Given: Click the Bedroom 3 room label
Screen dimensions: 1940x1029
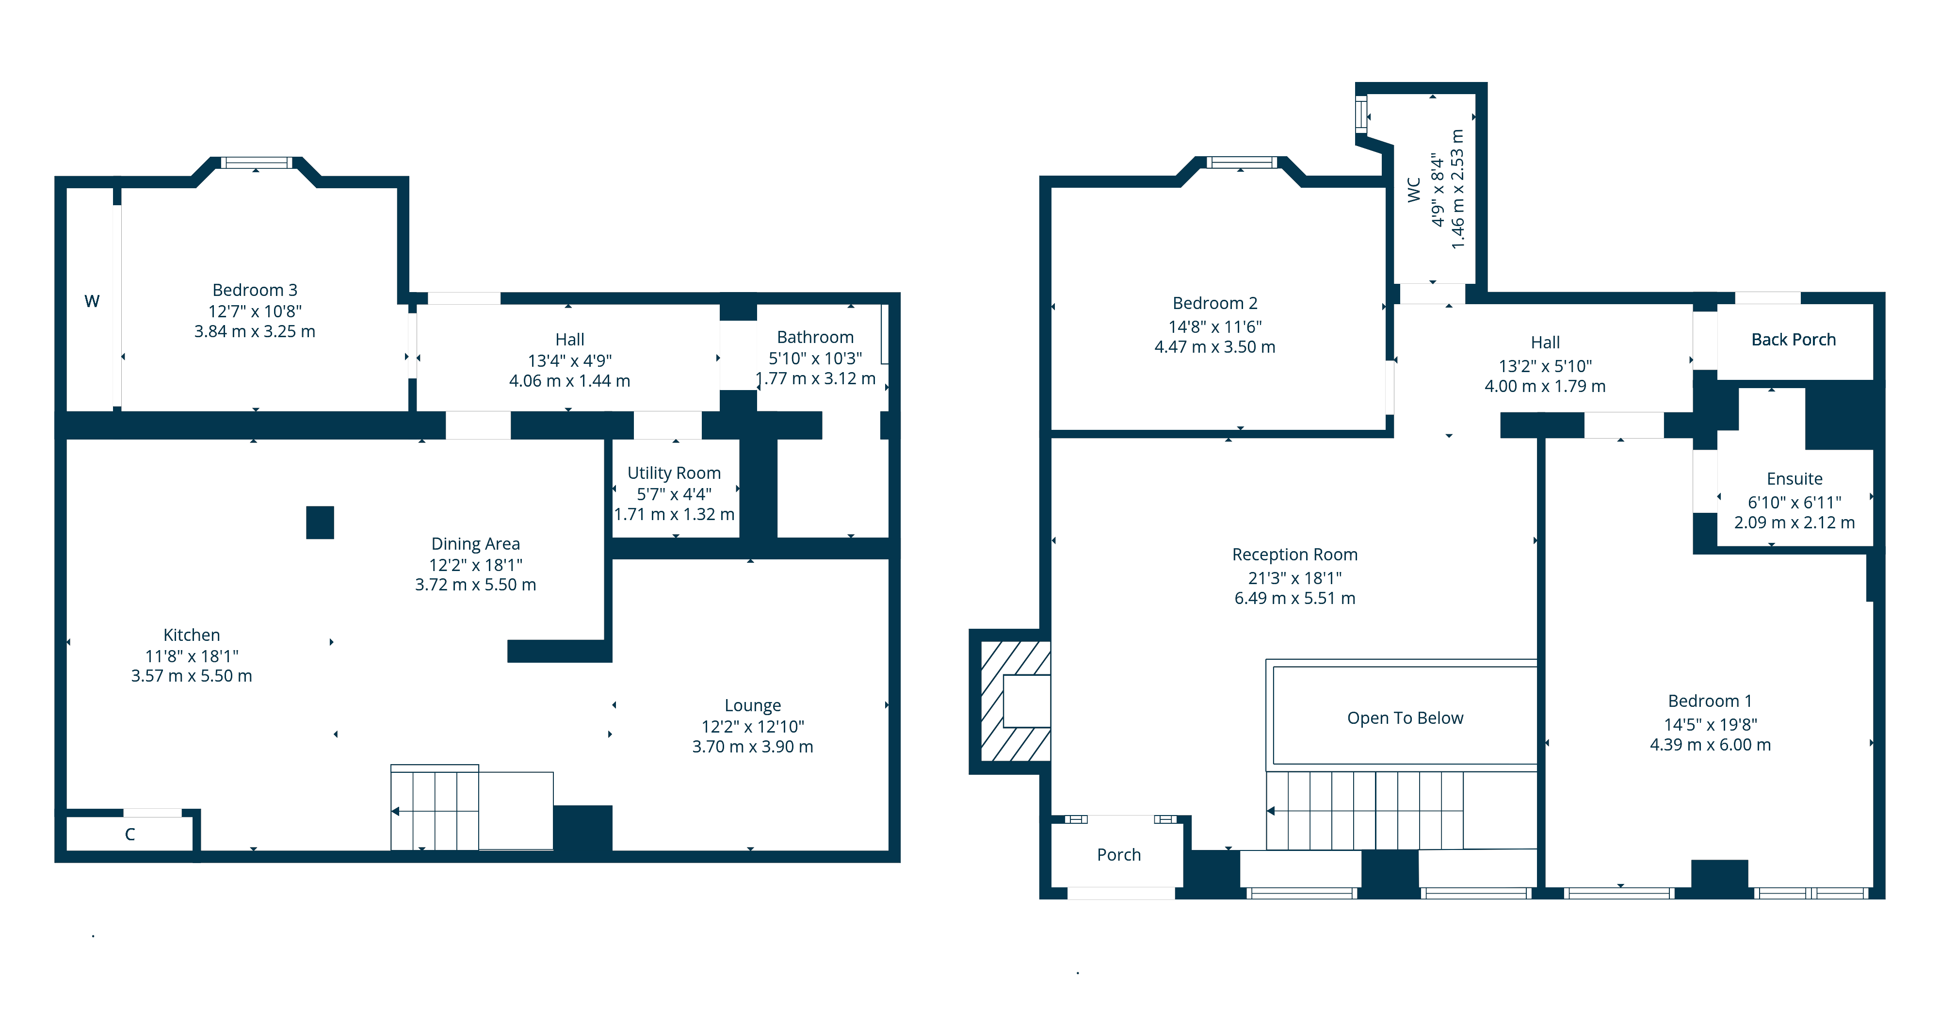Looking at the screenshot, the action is pos(255,290).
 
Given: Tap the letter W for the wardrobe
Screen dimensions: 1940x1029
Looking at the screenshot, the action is pos(92,301).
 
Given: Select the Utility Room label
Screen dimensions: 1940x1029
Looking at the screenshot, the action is pos(674,473).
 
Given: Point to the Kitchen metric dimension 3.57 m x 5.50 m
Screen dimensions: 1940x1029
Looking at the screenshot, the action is pos(191,676).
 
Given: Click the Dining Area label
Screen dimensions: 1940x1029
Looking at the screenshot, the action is pos(475,544).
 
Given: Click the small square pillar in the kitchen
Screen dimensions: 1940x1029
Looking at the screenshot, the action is pos(320,523).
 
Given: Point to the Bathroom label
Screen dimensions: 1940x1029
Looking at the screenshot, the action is pos(815,338).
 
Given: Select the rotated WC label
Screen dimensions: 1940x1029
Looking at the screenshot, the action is pos(1414,190).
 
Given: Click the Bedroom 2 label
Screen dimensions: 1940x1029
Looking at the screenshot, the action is pos(1215,303).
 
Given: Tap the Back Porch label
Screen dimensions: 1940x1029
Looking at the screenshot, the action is pos(1793,340).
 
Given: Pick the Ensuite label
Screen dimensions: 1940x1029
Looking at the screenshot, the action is pos(1794,479).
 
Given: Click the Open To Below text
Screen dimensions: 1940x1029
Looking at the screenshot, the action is pos(1406,718).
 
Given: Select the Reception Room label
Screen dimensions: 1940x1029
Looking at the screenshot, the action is pos(1294,555).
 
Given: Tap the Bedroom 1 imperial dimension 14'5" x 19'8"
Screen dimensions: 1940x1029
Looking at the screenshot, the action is pos(1710,725).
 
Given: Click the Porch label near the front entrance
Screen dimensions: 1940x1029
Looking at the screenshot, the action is pos(1118,855).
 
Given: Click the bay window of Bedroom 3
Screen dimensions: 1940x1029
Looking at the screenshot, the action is pos(256,163).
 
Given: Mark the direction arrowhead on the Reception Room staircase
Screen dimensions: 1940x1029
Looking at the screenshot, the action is pos(1271,811).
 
